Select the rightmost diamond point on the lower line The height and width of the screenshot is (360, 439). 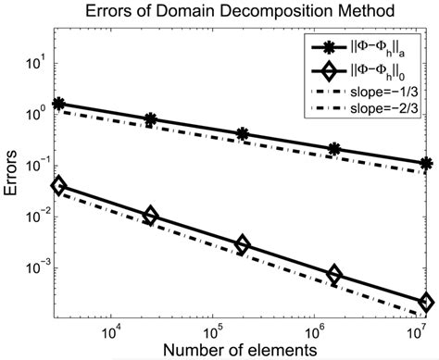(426, 303)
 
